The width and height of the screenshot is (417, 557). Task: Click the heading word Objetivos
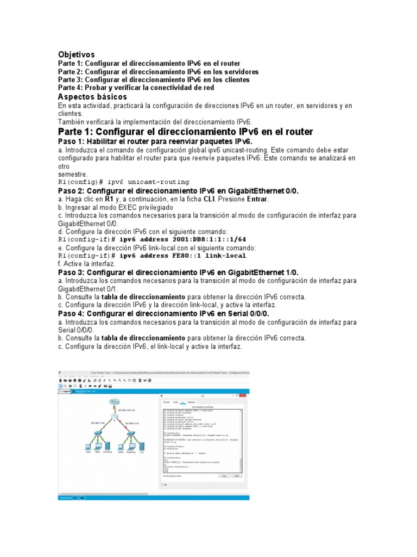[x=76, y=54]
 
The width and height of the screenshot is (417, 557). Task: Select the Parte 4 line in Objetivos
[x=136, y=88]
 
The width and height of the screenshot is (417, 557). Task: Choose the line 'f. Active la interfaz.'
[x=86, y=263]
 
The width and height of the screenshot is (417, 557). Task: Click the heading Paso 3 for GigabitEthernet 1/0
[x=178, y=272]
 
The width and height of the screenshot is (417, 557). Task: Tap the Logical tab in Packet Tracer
[x=66, y=391]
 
